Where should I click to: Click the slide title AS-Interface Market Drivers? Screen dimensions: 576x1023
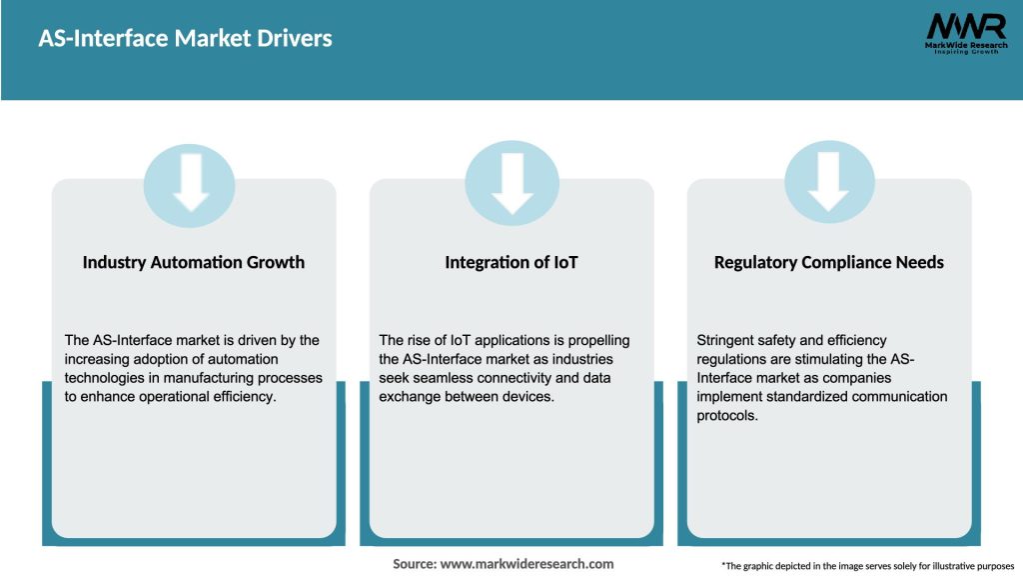pyautogui.click(x=185, y=39)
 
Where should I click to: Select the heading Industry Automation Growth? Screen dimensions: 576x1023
pyautogui.click(x=194, y=262)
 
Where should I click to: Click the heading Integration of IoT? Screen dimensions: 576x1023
pyautogui.click(x=511, y=262)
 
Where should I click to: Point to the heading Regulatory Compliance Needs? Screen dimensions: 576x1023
pyautogui.click(x=828, y=262)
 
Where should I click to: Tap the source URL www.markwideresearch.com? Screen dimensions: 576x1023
pyautogui.click(x=526, y=564)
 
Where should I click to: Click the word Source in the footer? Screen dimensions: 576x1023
pyautogui.click(x=414, y=564)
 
